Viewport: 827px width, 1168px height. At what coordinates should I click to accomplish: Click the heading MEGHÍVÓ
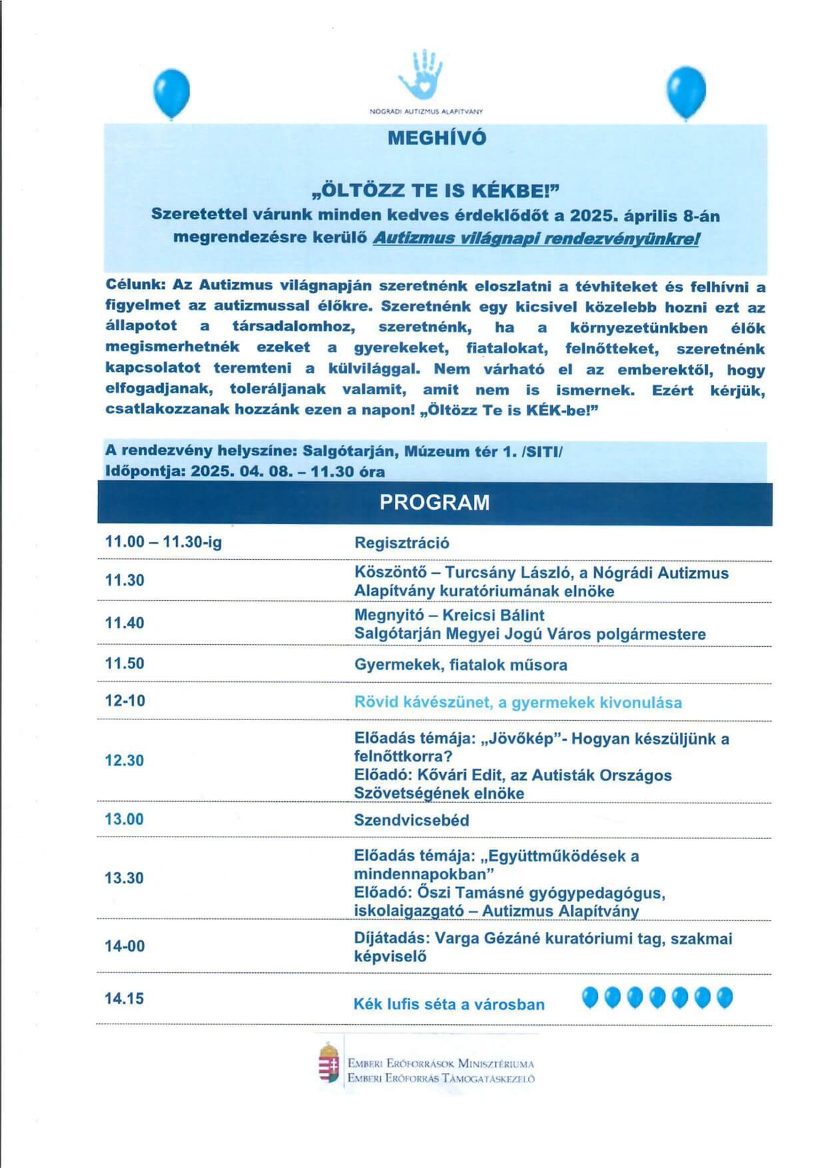pos(437,138)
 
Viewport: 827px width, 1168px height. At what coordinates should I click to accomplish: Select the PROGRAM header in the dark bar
pos(434,502)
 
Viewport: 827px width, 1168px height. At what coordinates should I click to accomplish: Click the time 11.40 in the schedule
pos(125,623)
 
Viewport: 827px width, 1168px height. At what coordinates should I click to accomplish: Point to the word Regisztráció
pos(402,542)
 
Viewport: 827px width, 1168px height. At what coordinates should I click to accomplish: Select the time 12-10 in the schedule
pos(125,700)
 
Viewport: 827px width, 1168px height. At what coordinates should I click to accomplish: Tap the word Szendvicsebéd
pos(412,820)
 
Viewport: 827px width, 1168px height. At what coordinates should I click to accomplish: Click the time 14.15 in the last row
pos(124,998)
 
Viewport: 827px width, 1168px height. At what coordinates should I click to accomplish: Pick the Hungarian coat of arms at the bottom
pos(329,1063)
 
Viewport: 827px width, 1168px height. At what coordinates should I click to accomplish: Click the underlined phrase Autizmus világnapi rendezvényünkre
pos(535,238)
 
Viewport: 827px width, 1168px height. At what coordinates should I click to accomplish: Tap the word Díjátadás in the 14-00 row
pos(392,938)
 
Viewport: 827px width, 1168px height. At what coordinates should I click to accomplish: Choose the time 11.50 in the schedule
pos(125,663)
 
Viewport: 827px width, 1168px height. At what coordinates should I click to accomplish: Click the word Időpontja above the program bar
pos(144,471)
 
